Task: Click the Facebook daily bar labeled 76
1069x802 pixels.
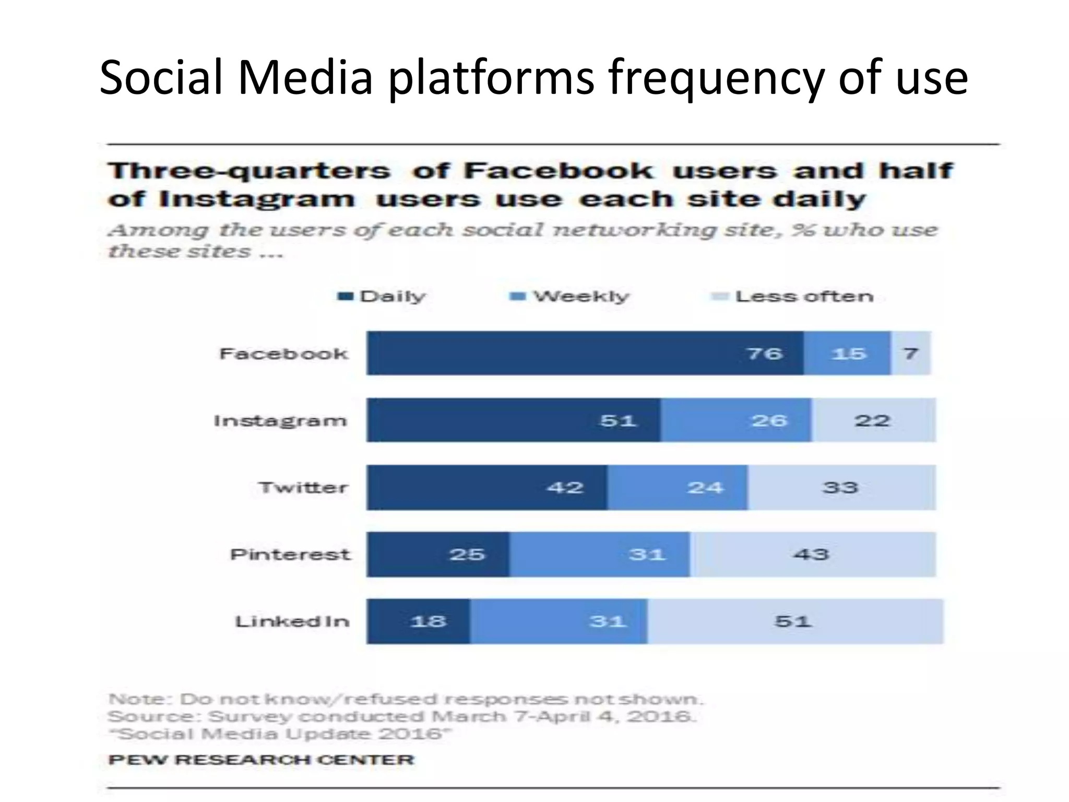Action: [x=585, y=353]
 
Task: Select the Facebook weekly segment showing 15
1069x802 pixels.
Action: [x=847, y=353]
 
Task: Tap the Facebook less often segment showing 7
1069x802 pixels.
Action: [x=910, y=353]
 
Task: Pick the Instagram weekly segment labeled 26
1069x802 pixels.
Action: [x=736, y=420]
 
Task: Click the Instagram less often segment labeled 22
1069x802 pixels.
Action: [x=873, y=420]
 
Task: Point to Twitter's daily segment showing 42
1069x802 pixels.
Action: [x=486, y=487]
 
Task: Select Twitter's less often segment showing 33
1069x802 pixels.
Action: [x=841, y=487]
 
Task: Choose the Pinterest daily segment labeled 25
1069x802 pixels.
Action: [x=437, y=554]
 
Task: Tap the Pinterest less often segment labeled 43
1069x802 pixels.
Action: [x=812, y=554]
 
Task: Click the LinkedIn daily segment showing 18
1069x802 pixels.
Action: [x=418, y=621]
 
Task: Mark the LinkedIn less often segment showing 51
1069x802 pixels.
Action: [x=794, y=621]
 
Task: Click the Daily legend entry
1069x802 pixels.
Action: [x=382, y=297]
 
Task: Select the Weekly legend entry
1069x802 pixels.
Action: [x=570, y=297]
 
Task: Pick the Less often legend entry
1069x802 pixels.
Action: [x=793, y=297]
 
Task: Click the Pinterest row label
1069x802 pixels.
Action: [x=290, y=554]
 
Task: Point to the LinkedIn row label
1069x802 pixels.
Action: [x=292, y=621]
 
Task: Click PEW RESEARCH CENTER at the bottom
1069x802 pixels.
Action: [x=261, y=759]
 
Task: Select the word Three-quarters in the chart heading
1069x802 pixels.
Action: [x=249, y=171]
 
